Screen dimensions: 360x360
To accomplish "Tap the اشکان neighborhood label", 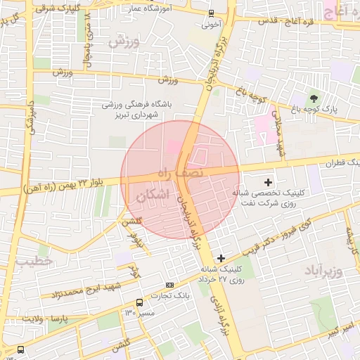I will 154,196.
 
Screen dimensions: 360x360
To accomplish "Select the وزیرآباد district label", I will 323,270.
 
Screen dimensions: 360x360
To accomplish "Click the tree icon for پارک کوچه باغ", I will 314,98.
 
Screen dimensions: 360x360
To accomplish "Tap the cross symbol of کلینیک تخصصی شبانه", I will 267,182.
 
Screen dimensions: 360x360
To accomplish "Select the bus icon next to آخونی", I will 211,13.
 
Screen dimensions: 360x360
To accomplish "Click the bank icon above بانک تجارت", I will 169,285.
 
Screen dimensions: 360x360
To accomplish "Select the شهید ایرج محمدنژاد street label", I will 90,288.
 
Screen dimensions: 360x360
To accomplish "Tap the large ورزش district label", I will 125,41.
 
